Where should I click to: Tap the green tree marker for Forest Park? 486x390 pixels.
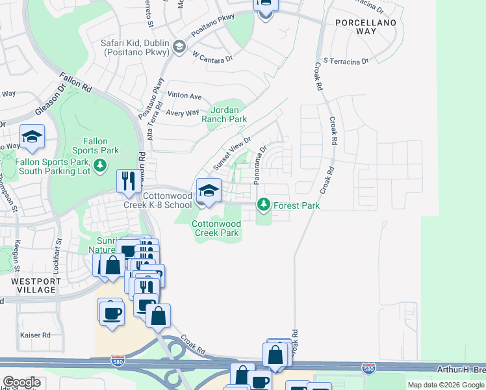pos(263,205)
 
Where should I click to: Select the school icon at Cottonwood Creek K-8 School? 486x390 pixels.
pos(209,190)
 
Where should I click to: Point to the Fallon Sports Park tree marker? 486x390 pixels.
pos(100,167)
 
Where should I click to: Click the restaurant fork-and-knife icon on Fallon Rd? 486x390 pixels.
pos(128,180)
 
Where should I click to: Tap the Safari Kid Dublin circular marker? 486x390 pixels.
pos(179,46)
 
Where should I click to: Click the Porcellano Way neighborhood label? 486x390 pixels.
pos(356,27)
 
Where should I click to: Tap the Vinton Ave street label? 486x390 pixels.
pos(185,96)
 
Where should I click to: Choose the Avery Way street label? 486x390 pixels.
pos(183,112)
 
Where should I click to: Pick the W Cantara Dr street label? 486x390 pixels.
pos(212,58)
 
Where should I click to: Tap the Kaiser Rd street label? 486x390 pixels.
pos(36,335)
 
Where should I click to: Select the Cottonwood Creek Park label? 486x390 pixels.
pos(216,228)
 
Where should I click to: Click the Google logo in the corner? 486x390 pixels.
pos(21,382)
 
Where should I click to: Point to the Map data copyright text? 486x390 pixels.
pos(446,385)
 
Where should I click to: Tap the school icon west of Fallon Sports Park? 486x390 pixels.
pos(31,136)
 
